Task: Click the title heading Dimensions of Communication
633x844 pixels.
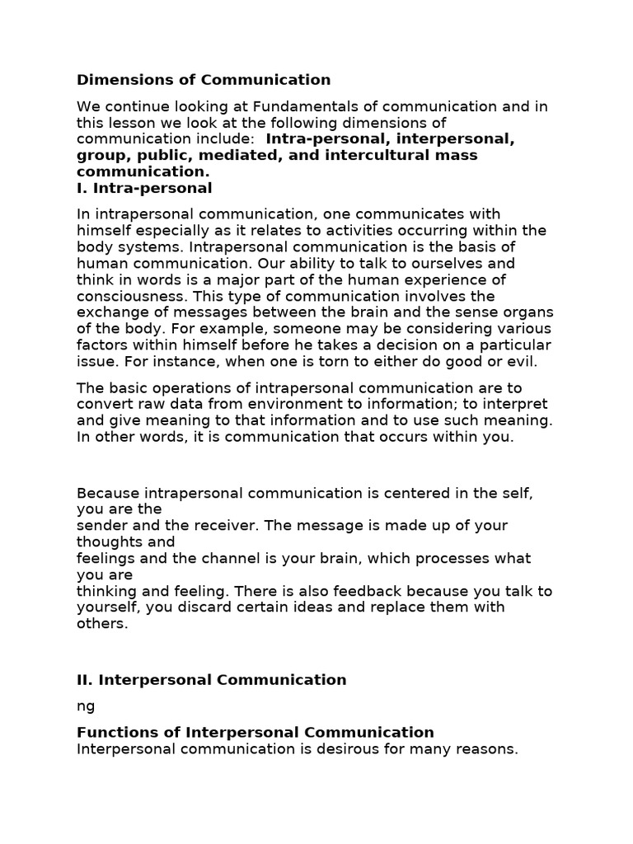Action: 204,80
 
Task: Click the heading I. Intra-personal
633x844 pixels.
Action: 144,188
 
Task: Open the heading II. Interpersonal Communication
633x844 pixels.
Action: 211,680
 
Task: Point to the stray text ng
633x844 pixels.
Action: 86,707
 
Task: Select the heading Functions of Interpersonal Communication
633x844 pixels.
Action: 255,733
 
